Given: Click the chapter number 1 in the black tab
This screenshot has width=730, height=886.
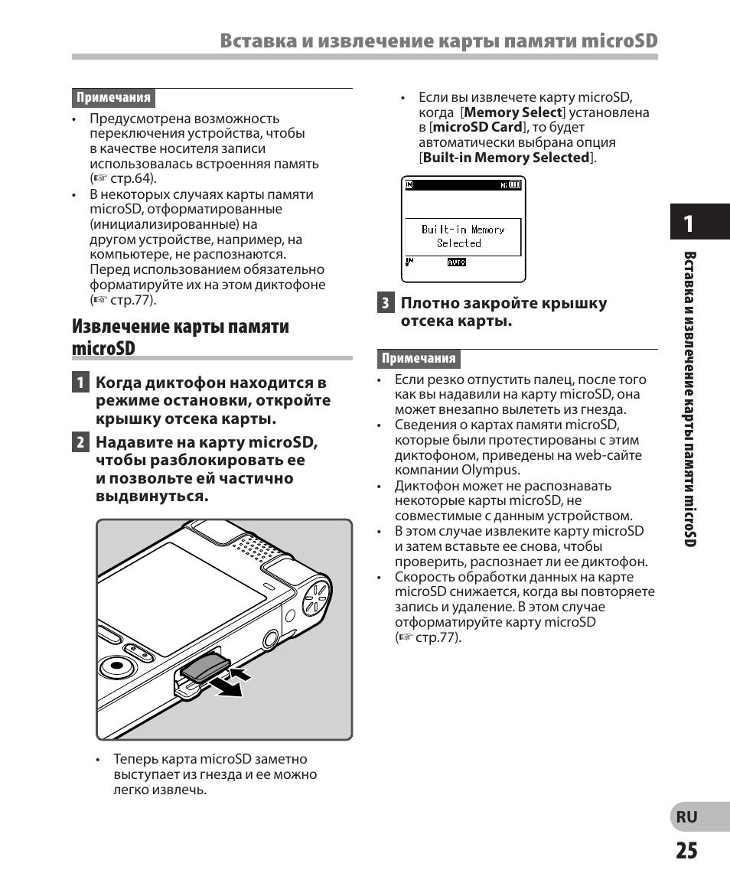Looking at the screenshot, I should [x=689, y=223].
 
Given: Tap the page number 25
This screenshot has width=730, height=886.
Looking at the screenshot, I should [x=686, y=851].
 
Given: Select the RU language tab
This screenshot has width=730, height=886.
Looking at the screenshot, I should [x=686, y=816].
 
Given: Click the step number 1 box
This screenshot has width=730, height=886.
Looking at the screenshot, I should [x=80, y=383].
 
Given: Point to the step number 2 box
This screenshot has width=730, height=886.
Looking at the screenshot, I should [x=80, y=442].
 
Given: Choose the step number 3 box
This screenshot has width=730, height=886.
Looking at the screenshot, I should [x=386, y=303].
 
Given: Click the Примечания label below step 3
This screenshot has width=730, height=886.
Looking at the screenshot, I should [x=419, y=358].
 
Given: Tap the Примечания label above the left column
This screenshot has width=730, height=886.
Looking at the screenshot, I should [x=113, y=98].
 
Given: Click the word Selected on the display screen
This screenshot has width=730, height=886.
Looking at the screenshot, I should [x=459, y=243].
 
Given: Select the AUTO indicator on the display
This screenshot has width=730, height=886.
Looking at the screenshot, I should [x=457, y=262].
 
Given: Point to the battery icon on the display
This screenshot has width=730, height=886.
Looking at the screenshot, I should [x=515, y=184].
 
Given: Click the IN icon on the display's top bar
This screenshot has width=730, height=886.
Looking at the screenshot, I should [x=409, y=184].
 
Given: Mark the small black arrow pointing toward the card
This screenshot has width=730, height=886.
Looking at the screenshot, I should [x=240, y=674].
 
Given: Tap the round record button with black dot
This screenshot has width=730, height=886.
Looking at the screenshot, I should [x=117, y=665].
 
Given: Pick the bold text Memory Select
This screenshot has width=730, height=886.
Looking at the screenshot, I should [x=518, y=112].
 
